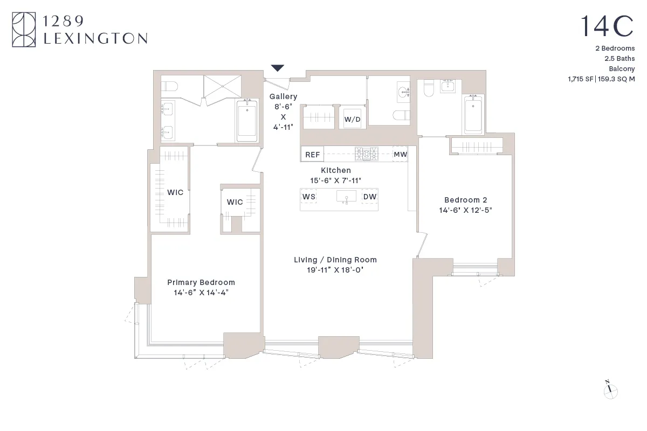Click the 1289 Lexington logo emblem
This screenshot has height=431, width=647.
(x=24, y=30)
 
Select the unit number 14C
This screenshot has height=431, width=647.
(x=607, y=26)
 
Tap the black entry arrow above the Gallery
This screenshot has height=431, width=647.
(x=278, y=68)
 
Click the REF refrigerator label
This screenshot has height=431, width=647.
(x=312, y=155)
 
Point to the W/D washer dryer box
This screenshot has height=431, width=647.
(x=353, y=119)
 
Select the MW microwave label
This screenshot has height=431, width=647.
(x=400, y=155)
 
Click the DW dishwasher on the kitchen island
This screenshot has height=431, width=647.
(x=370, y=197)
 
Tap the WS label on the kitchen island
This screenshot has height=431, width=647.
(x=309, y=197)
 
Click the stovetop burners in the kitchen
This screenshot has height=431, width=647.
(x=367, y=154)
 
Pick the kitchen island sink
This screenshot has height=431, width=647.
(x=345, y=197)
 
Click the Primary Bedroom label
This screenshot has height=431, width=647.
(x=201, y=282)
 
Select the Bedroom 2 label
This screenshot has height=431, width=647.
(x=465, y=199)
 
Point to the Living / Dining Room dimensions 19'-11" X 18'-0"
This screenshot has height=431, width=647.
(x=335, y=270)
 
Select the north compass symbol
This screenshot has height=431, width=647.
(x=610, y=391)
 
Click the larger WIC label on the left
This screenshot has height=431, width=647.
(x=175, y=192)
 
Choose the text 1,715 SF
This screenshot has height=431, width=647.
(x=580, y=79)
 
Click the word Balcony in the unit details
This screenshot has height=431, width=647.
(x=622, y=68)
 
